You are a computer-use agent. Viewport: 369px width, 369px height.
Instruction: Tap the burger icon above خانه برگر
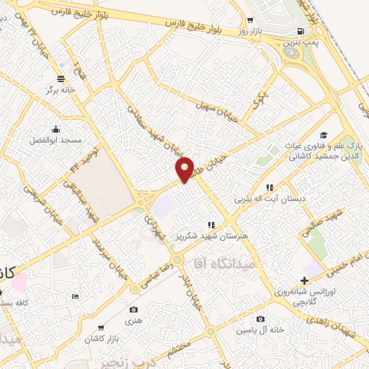61,79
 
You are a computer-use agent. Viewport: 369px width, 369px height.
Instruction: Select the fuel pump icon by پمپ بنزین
301,31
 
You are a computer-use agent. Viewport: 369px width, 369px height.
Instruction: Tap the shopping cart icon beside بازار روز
249,21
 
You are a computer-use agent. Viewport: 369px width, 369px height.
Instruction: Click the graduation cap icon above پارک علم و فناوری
324,135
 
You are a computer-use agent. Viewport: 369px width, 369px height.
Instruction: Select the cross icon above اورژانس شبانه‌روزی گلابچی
304,280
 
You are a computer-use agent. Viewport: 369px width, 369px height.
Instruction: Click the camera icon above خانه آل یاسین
259,319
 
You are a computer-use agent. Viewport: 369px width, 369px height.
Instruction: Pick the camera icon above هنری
133,310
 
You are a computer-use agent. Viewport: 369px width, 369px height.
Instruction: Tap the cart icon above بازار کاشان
101,327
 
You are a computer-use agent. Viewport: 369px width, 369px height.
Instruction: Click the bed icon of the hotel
76,296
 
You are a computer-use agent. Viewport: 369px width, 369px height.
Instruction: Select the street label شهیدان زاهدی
341,307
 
